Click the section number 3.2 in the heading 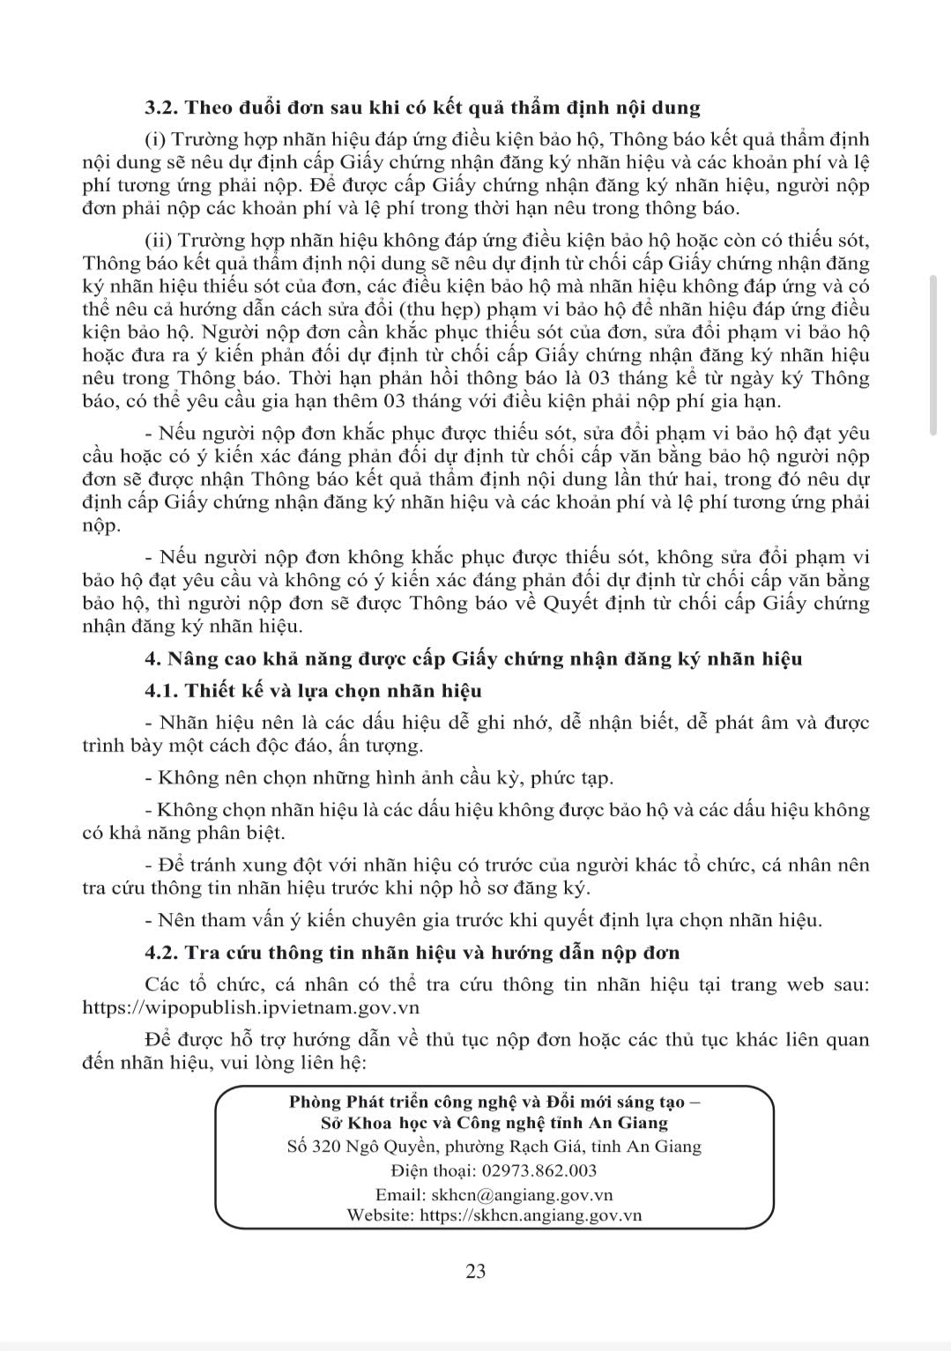tap(162, 108)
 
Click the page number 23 tap(475, 1271)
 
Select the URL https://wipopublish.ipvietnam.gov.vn tap(250, 1006)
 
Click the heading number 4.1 tap(163, 691)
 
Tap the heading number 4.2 tap(163, 953)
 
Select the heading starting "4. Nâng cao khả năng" tap(473, 658)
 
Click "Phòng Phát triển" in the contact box tap(345, 1102)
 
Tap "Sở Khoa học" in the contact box tap(369, 1123)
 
